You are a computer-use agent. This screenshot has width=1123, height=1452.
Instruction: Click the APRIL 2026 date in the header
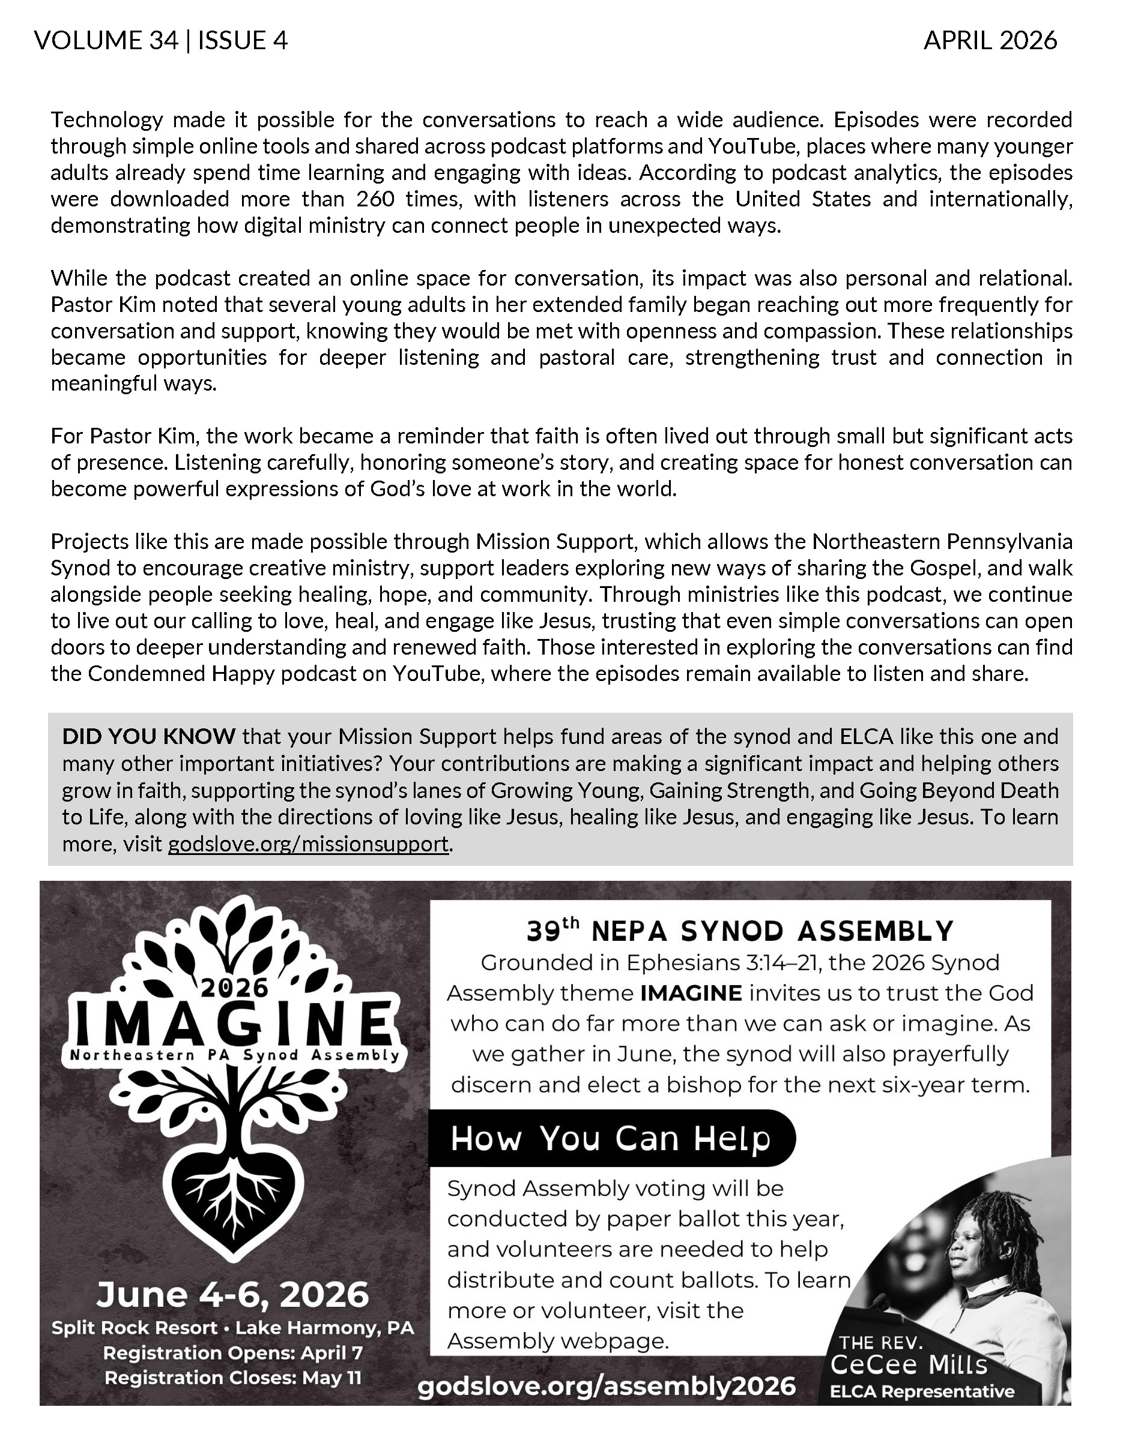point(989,41)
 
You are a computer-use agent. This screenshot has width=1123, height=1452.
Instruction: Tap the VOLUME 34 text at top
point(106,41)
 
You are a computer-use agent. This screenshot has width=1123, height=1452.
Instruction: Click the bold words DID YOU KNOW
point(148,737)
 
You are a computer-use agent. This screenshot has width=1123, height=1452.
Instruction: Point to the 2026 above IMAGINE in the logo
point(234,989)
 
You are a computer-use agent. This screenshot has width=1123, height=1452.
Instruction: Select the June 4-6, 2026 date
point(233,1294)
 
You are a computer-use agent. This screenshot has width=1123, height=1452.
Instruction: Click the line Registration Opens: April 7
point(233,1353)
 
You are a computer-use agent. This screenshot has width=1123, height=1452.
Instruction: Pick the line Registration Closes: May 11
point(233,1377)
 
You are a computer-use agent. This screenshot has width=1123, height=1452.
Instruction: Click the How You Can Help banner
point(610,1138)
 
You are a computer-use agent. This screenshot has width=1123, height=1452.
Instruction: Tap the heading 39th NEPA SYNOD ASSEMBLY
point(740,931)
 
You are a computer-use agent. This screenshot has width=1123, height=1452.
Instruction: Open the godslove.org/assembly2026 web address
point(606,1387)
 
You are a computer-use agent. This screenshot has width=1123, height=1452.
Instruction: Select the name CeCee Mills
point(909,1365)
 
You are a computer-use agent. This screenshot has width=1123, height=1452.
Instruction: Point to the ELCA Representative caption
point(922,1391)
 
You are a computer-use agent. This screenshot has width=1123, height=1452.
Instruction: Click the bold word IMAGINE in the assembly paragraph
point(691,993)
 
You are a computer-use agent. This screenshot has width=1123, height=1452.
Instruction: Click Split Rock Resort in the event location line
point(135,1328)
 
